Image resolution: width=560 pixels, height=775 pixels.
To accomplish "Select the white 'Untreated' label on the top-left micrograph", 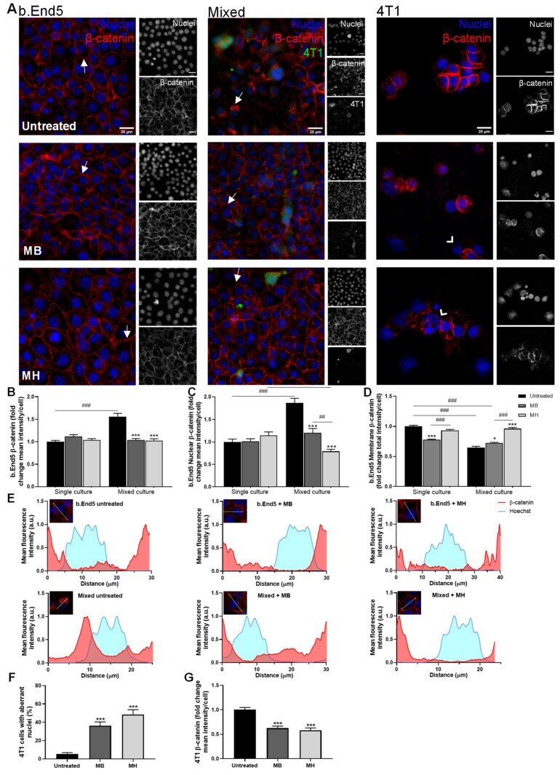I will click(x=49, y=126).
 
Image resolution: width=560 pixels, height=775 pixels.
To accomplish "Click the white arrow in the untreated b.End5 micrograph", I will click(x=84, y=66).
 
